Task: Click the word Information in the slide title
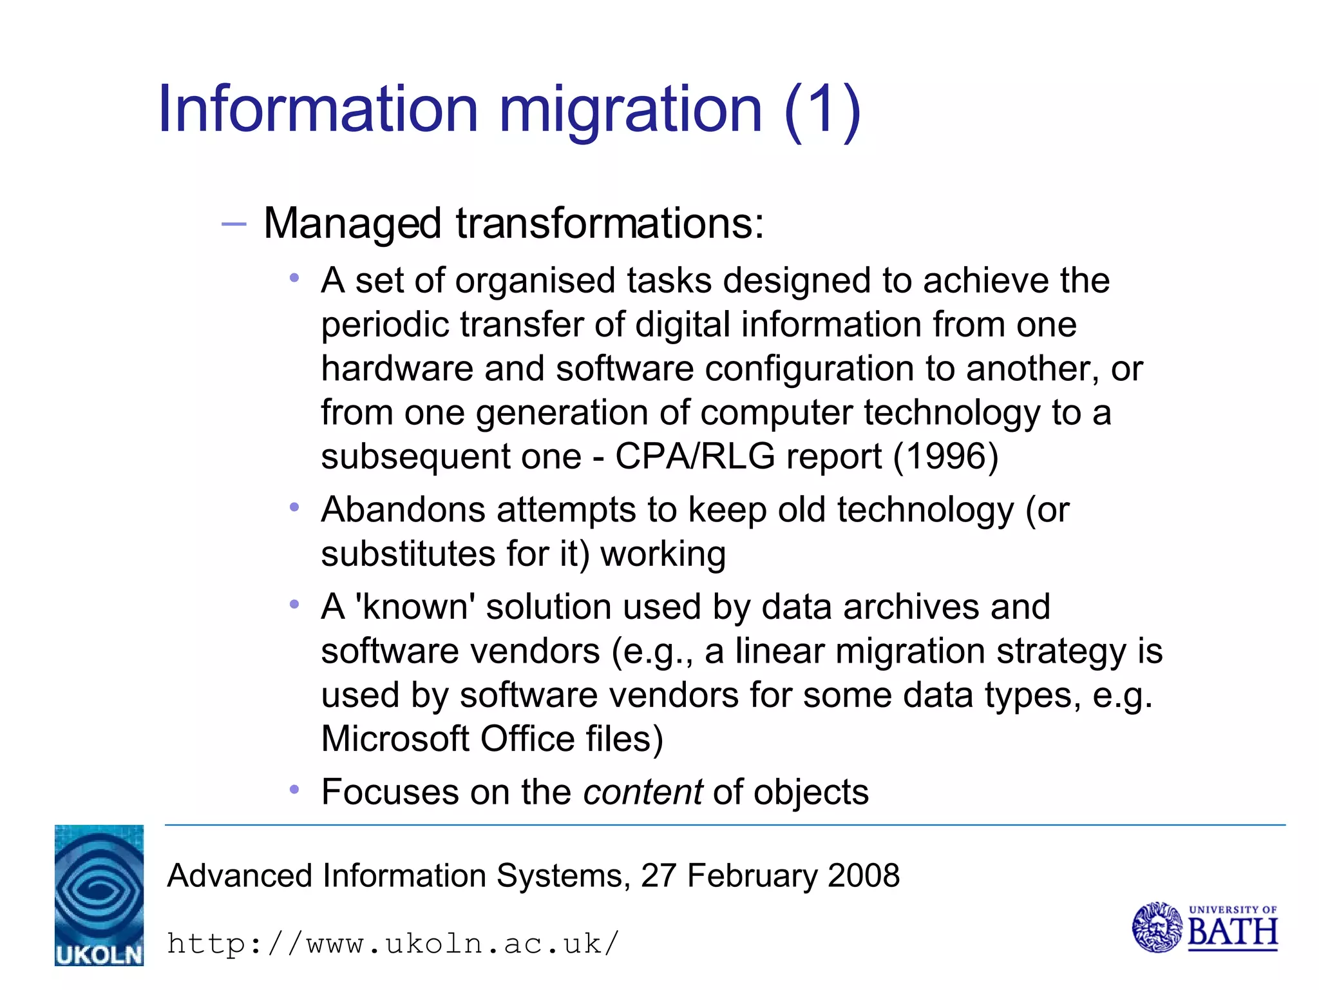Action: pos(318,110)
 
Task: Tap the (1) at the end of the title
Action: pos(822,111)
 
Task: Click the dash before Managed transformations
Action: pos(233,224)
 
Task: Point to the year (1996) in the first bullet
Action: pos(945,456)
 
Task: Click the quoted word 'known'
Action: pos(419,607)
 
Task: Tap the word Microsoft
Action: pos(395,739)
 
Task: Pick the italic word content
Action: pos(642,792)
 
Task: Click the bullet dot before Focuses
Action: pos(294,789)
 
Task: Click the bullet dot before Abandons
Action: pos(294,507)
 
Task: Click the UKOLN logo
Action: pos(99,895)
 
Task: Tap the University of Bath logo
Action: pos(1204,927)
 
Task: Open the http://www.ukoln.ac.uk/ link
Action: pos(393,944)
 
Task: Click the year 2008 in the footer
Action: pos(863,876)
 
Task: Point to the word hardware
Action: pos(397,369)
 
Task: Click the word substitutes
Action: pos(408,554)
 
